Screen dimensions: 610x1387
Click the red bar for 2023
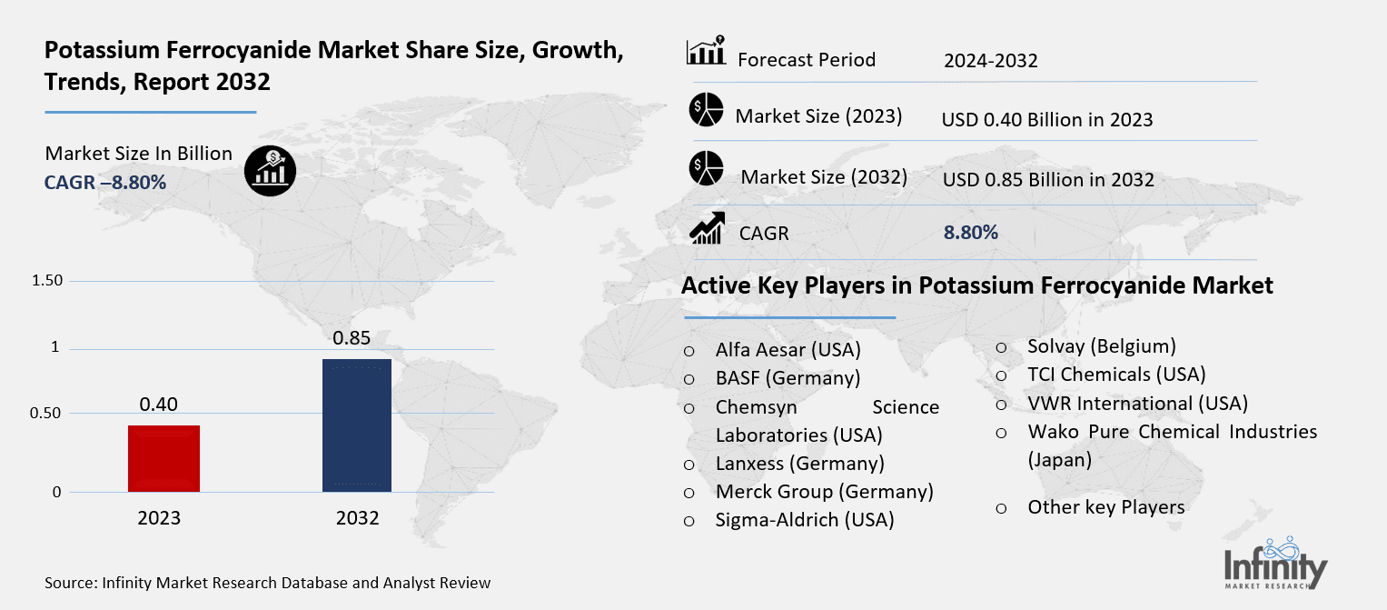[x=163, y=458]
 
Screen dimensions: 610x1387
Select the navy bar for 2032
[x=357, y=425]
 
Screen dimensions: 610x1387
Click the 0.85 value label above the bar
[x=352, y=339]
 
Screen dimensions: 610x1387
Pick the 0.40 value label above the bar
[x=159, y=404]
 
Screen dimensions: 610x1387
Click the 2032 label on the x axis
[x=357, y=519]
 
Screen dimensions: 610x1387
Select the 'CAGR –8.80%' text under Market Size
[x=105, y=183]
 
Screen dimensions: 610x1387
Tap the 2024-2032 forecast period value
[x=990, y=61]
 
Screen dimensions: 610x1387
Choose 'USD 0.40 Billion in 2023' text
[x=1047, y=119]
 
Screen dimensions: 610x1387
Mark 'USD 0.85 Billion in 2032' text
[x=1048, y=179]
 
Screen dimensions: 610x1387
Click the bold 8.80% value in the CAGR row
[x=971, y=233]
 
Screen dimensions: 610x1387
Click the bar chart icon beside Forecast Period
[x=706, y=53]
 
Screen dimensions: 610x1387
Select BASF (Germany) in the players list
[x=788, y=377]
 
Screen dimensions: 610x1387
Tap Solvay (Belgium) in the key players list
[x=1101, y=346]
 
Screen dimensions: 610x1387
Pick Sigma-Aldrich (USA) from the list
[x=805, y=520]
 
